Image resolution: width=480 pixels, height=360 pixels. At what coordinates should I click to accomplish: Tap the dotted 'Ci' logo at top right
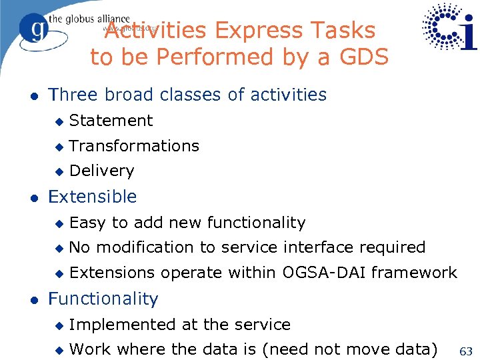pos(449,27)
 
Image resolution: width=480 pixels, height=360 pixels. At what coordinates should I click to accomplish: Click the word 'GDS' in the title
pos(363,57)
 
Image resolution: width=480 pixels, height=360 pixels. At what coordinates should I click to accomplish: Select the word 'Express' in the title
pos(249,31)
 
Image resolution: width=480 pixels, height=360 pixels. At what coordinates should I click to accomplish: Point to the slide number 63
pos(465,351)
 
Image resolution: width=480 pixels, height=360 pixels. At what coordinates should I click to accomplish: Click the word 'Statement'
pos(111,121)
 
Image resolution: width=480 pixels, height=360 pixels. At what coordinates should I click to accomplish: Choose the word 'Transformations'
pos(134,146)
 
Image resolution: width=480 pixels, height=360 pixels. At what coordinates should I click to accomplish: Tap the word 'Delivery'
pos(101,171)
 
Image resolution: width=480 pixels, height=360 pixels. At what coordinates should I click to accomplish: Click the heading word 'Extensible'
pos(92,197)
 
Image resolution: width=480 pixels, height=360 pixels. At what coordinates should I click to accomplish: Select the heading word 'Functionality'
pos(103,299)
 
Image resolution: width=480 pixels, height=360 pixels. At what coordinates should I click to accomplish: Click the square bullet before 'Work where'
pos(59,350)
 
